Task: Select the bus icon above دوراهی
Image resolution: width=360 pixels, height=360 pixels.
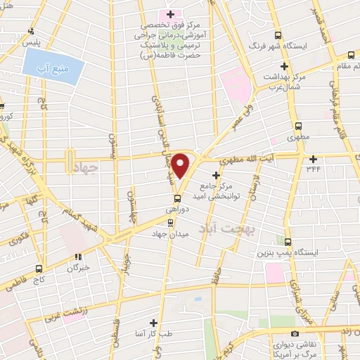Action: coord(179,196)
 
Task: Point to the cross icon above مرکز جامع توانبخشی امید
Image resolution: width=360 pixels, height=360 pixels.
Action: coord(216,174)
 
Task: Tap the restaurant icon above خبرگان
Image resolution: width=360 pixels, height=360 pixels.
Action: coord(79,257)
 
